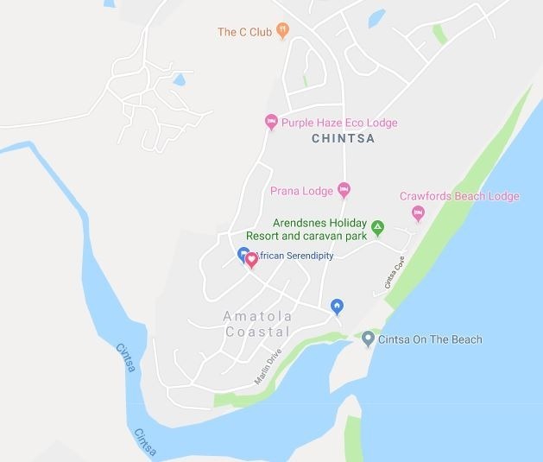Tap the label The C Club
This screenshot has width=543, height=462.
pyautogui.click(x=244, y=32)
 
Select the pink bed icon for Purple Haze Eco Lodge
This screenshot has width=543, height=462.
pyautogui.click(x=270, y=123)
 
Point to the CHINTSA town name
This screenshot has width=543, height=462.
pyautogui.click(x=343, y=138)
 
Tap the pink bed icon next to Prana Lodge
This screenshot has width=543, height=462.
pyautogui.click(x=344, y=189)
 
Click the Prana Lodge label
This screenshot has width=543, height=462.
pyautogui.click(x=301, y=191)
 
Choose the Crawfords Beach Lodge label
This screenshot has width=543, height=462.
pyautogui.click(x=459, y=196)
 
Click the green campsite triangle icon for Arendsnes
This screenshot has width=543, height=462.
pyautogui.click(x=377, y=229)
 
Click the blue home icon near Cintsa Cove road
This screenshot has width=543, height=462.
pyautogui.click(x=337, y=306)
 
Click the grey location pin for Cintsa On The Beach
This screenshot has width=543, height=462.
pyautogui.click(x=369, y=339)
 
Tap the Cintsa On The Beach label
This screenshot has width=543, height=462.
pyautogui.click(x=430, y=339)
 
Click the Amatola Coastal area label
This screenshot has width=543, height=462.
pyautogui.click(x=258, y=324)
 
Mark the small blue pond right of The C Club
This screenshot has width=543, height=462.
pyautogui.click(x=376, y=18)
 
